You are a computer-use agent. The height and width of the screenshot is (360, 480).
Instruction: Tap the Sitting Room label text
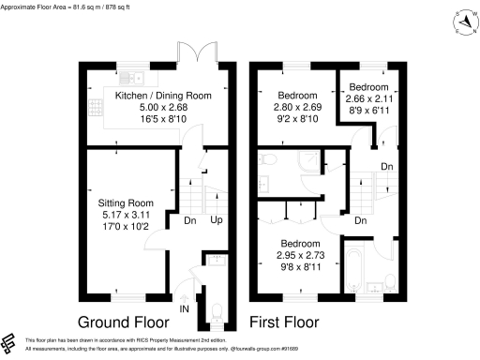pos(126,202)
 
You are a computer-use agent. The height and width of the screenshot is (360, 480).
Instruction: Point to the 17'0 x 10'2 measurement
pos(126,226)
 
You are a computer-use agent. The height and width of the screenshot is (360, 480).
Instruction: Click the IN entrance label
pos(184,307)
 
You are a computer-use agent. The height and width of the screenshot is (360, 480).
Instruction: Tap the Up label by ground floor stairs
pos(217,221)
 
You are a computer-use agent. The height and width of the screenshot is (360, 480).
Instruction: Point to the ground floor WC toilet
pos(218,309)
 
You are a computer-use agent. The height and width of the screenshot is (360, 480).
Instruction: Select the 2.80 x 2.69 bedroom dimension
pos(298,108)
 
